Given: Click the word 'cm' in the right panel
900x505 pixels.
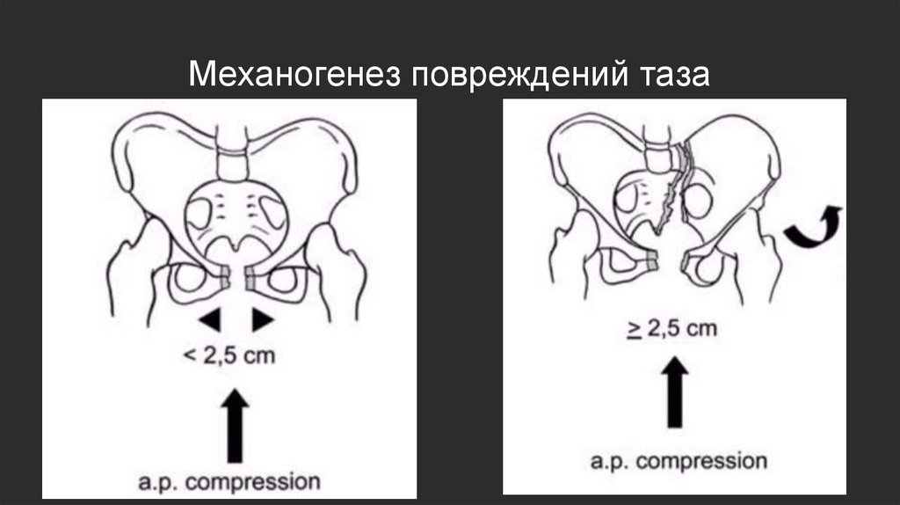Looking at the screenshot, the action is coord(700,330).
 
